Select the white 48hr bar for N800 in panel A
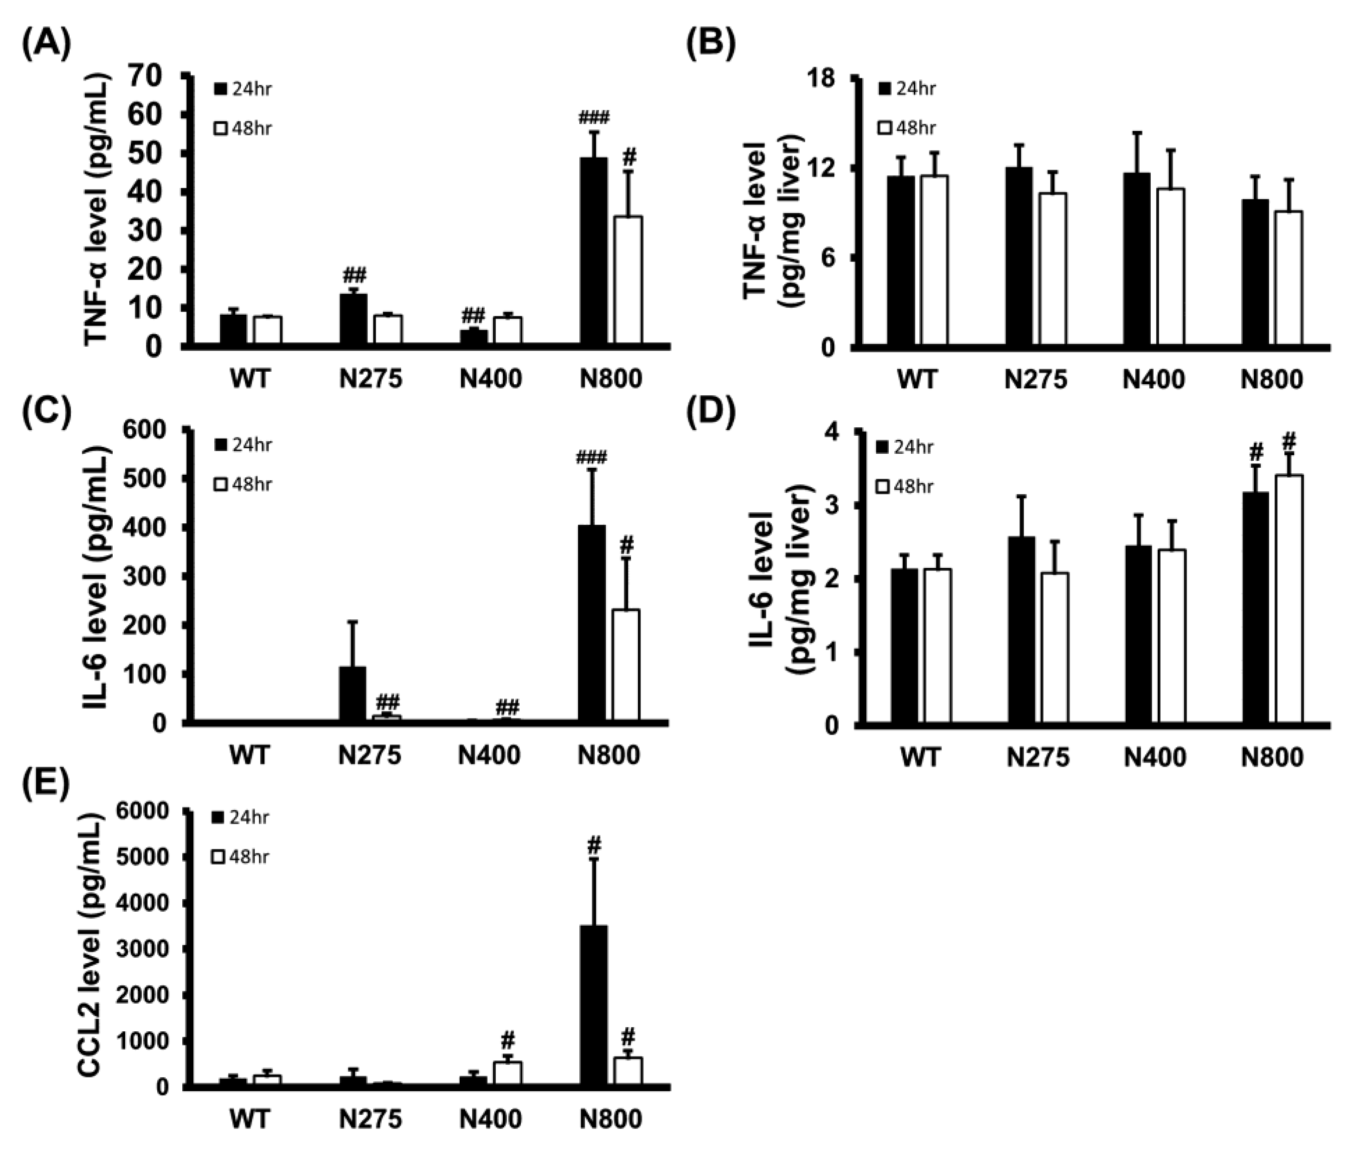(628, 280)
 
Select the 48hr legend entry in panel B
(907, 128)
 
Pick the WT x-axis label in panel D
(921, 757)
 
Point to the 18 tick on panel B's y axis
(820, 79)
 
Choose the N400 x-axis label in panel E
(490, 1118)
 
